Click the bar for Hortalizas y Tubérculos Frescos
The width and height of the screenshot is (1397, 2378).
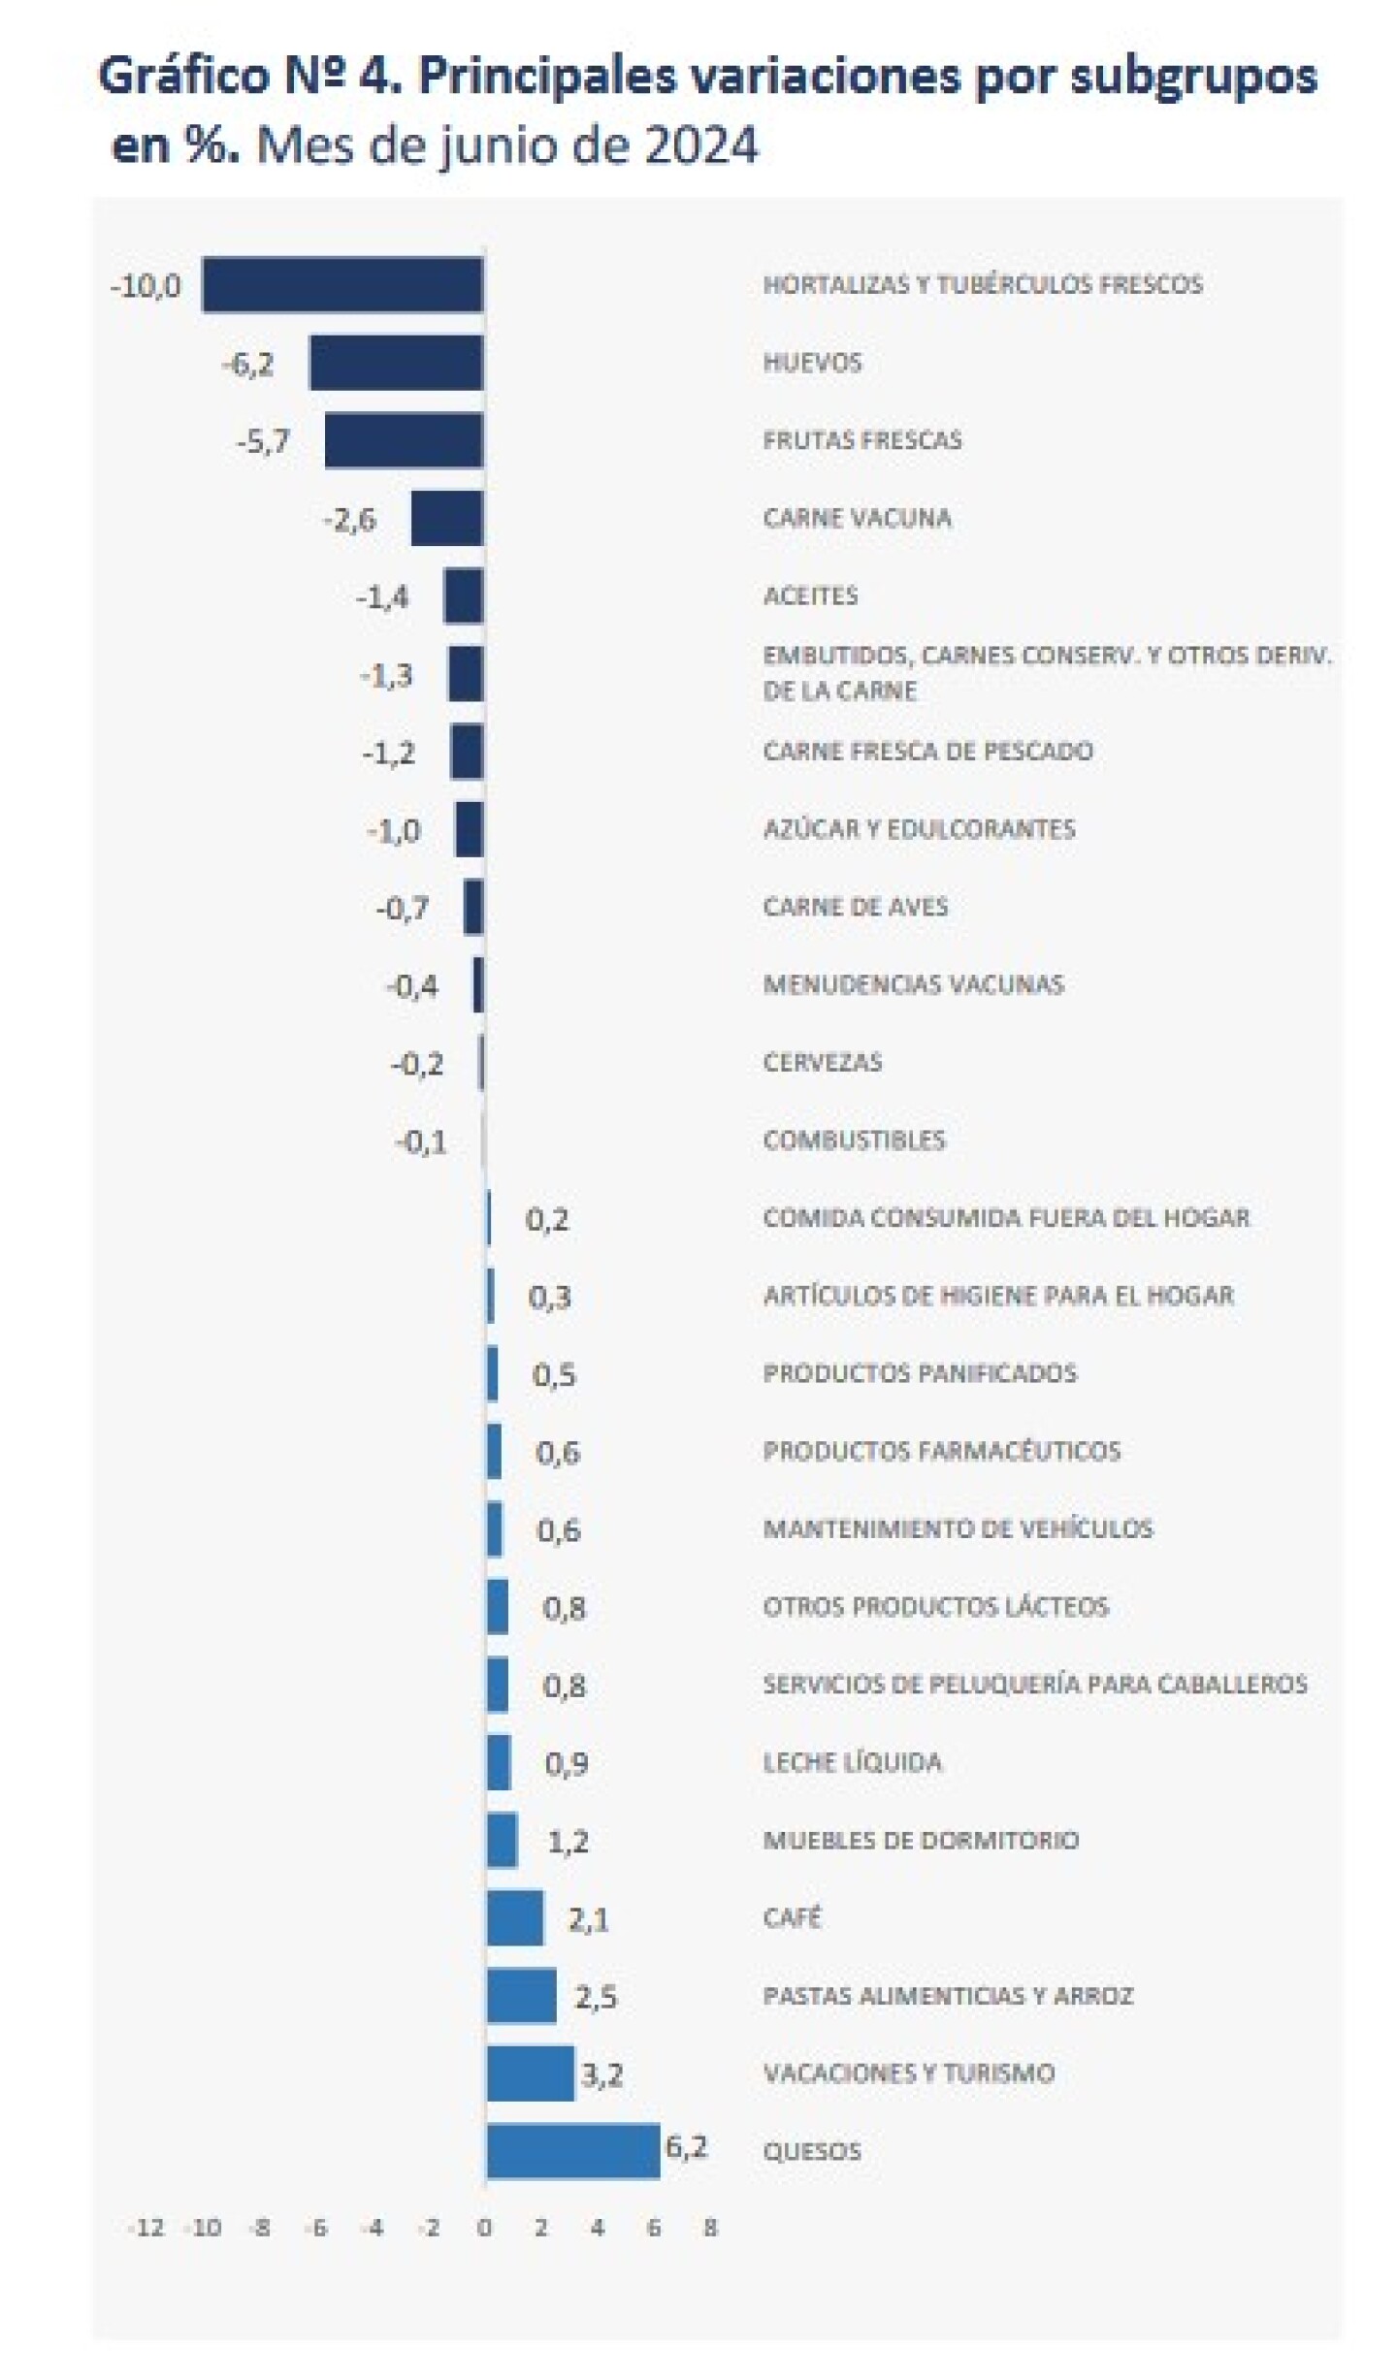[341, 284]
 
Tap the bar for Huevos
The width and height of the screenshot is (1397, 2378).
[396, 362]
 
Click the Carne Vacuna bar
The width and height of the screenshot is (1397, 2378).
[446, 518]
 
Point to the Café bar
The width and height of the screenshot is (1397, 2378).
[515, 1917]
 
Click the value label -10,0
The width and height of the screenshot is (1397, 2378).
[146, 286]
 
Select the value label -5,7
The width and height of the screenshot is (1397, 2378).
[263, 441]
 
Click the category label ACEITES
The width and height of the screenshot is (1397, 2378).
[810, 595]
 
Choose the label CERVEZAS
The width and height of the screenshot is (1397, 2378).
[823, 1062]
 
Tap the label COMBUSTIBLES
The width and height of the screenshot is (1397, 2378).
[854, 1140]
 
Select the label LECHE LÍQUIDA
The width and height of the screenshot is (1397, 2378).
[852, 1762]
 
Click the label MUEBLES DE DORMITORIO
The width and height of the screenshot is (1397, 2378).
[921, 1840]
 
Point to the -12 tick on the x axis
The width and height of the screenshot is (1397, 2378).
[146, 2228]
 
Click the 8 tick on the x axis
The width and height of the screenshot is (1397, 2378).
[710, 2228]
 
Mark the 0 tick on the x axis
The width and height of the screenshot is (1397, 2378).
[484, 2228]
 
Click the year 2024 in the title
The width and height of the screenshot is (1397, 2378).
[700, 145]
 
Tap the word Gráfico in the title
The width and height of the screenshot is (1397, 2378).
[183, 76]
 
